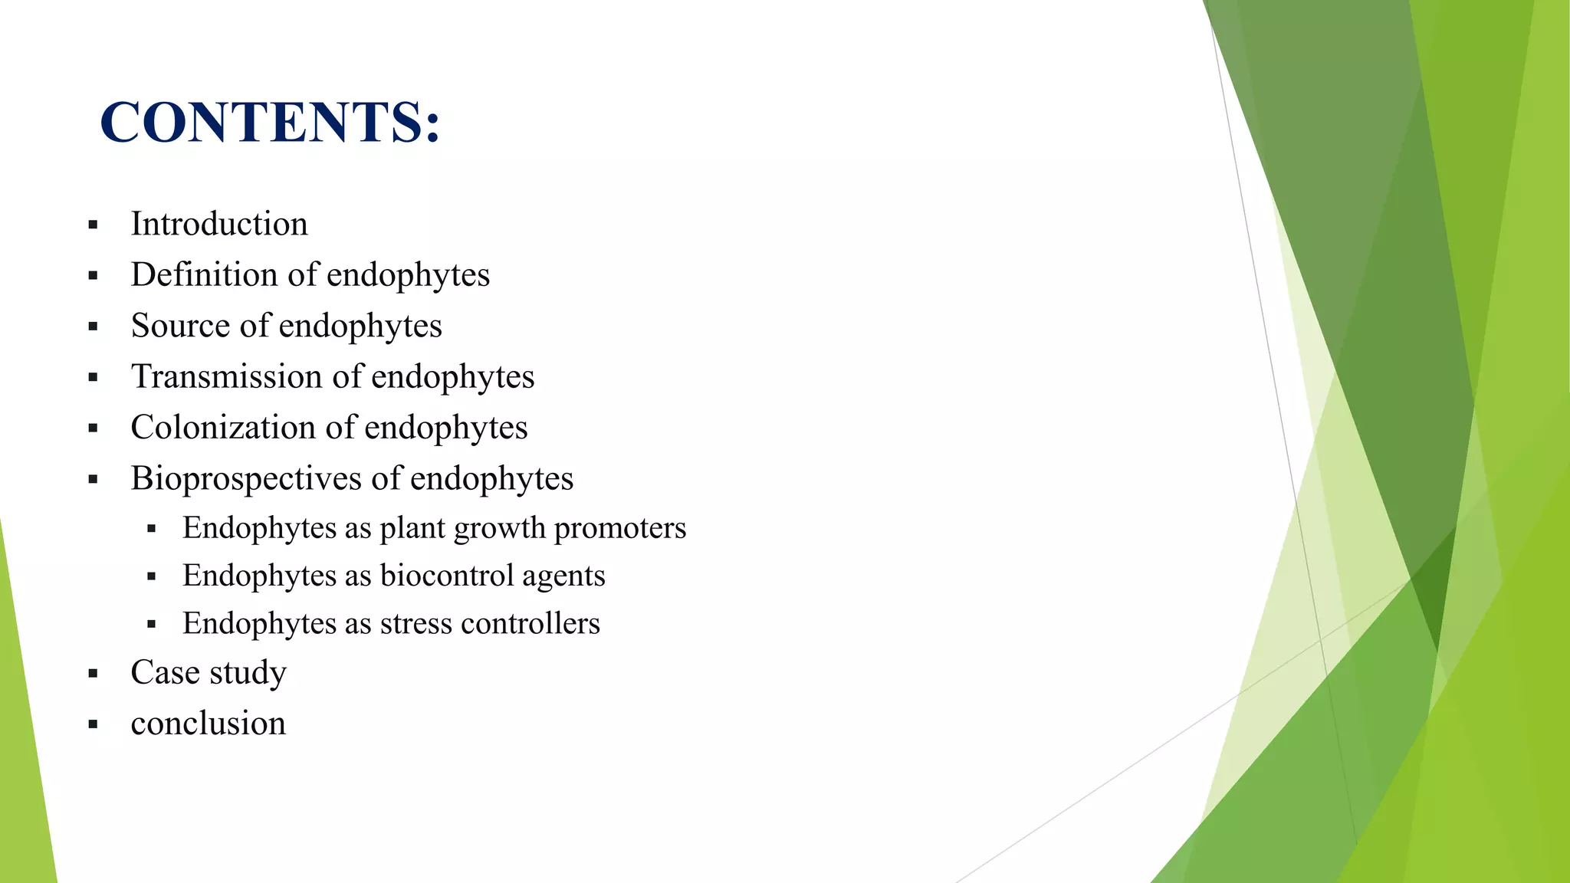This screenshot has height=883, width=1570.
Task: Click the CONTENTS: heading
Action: coord(270,123)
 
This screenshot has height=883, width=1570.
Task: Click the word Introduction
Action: coord(219,225)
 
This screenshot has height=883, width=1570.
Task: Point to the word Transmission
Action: coord(226,377)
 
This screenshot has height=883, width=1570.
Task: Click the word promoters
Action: coord(619,529)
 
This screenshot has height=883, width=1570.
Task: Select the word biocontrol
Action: coord(445,576)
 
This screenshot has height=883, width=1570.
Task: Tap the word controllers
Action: coord(530,624)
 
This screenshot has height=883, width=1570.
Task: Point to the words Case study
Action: coord(209,673)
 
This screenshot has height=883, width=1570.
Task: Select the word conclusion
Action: coord(209,724)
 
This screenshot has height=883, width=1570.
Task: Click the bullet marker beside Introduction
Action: coord(93,225)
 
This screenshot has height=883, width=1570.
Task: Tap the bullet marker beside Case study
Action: coord(93,675)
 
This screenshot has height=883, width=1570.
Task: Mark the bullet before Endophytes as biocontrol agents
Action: coord(151,577)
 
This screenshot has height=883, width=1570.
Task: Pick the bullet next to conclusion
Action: coord(93,724)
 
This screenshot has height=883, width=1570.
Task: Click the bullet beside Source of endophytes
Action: coord(93,327)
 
